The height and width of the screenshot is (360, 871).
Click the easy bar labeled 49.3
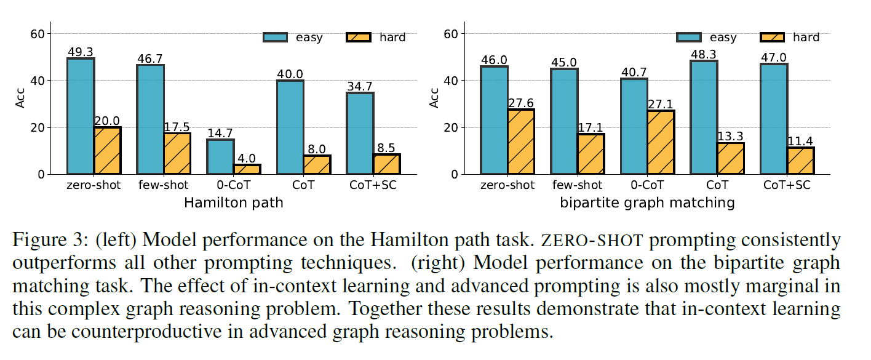click(x=81, y=116)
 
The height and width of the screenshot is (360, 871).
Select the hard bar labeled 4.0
click(x=247, y=169)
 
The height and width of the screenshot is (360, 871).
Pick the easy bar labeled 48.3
click(x=704, y=118)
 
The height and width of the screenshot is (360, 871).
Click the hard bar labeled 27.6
click(x=521, y=142)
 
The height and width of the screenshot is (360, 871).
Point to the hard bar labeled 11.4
click(x=800, y=161)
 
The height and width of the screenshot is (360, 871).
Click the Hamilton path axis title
click(x=234, y=202)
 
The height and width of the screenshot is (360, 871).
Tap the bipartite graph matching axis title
click(x=648, y=202)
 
